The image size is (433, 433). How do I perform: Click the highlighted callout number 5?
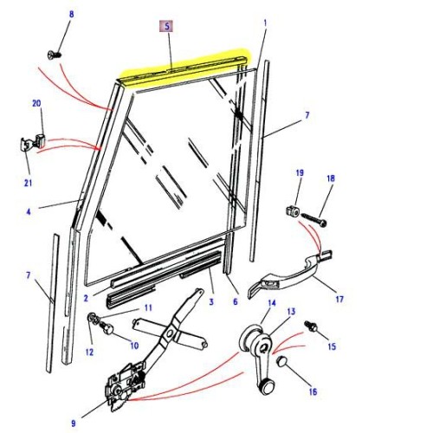165,26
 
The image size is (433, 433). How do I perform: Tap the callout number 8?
72,15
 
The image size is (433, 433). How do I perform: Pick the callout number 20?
36,104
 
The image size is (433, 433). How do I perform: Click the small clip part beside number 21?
29,141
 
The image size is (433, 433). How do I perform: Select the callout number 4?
28,211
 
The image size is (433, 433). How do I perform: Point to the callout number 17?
339,300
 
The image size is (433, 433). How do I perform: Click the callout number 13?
291,312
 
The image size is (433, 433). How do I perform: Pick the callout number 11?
148,307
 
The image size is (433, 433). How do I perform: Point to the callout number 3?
210,301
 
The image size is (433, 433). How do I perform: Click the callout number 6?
235,301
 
